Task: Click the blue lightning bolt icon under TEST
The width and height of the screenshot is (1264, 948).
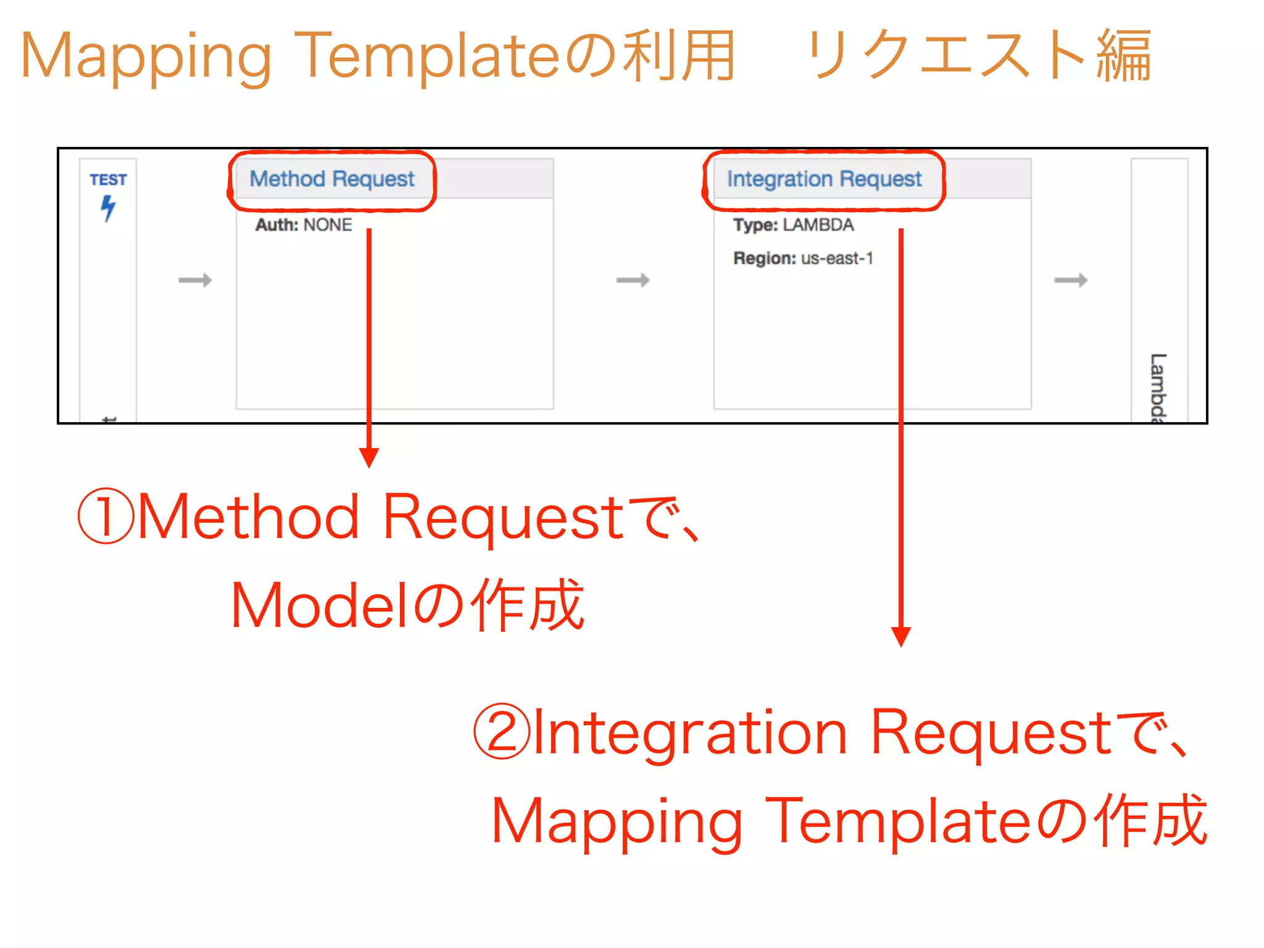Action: (x=108, y=208)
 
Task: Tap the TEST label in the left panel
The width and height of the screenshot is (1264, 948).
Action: (x=108, y=180)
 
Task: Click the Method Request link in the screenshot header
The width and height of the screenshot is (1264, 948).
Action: (x=331, y=179)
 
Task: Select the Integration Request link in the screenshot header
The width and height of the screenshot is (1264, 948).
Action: (x=824, y=179)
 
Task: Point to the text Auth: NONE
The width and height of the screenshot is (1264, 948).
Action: (x=304, y=225)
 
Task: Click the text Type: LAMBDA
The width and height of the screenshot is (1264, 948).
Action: (x=793, y=225)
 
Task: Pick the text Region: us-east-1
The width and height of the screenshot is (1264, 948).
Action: (x=803, y=258)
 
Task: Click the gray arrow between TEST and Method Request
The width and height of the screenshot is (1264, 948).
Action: (x=195, y=280)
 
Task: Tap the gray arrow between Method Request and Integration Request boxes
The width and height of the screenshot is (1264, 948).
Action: (x=633, y=280)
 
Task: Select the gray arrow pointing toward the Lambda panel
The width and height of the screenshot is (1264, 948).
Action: (x=1070, y=280)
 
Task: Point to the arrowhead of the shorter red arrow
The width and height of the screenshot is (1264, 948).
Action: (x=369, y=458)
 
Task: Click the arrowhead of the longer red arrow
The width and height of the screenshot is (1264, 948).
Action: (x=901, y=636)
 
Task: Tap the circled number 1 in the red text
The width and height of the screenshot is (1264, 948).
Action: (x=106, y=517)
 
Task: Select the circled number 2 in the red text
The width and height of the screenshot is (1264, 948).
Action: (x=501, y=731)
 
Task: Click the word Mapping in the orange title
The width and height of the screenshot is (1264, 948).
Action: (x=146, y=57)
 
